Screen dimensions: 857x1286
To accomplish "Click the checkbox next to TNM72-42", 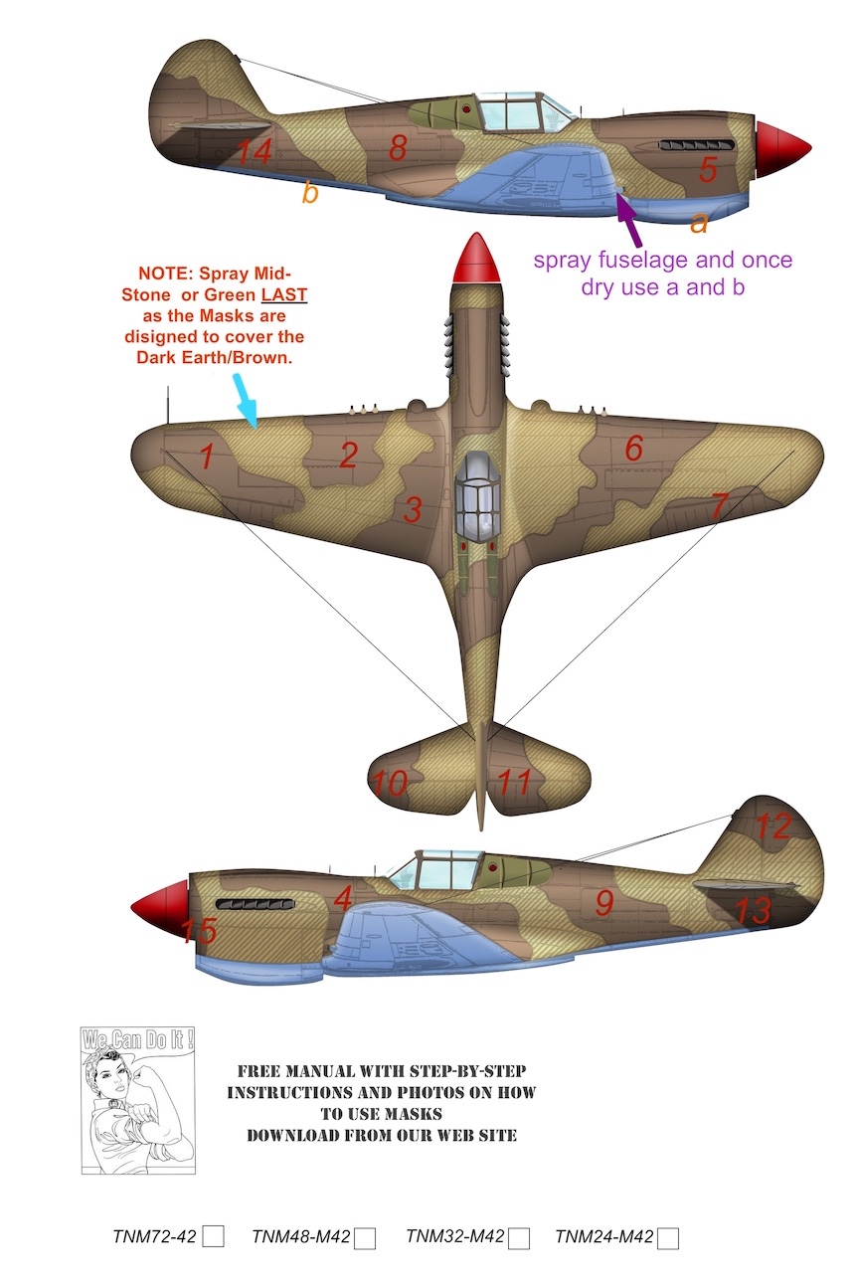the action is click(214, 1236).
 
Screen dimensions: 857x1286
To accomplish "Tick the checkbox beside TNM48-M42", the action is click(365, 1238).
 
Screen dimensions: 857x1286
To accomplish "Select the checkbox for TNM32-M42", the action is click(519, 1238).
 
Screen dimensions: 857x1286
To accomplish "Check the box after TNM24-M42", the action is click(668, 1238).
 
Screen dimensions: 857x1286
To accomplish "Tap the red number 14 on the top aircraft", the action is click(254, 152).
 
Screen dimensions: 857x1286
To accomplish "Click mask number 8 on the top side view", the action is click(398, 148).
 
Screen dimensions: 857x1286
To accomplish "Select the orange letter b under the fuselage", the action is click(310, 192).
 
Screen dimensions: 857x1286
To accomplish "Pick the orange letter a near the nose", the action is click(699, 223).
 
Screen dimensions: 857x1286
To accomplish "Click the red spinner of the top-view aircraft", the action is click(476, 260).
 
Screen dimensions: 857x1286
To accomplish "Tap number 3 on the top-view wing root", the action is click(413, 509).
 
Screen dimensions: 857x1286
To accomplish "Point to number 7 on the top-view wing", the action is click(720, 505).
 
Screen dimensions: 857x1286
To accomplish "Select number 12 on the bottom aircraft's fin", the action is click(773, 826).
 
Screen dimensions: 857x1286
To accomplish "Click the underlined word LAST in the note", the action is click(284, 295).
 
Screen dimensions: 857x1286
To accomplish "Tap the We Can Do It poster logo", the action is click(138, 1099).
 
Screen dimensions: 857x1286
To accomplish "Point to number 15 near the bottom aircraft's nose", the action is click(199, 931).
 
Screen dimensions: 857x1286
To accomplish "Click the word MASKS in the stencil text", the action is click(412, 1114).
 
